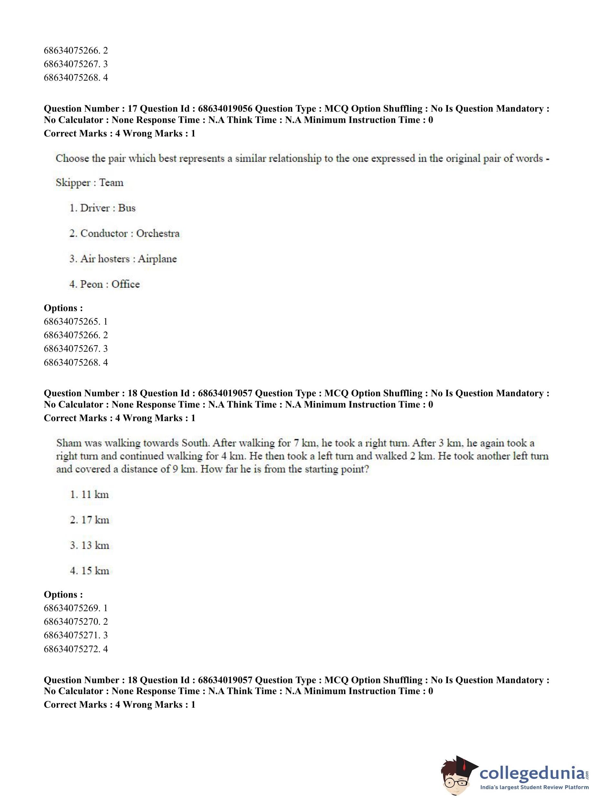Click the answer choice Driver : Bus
click(102, 208)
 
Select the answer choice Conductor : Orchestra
click(124, 233)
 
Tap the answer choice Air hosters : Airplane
click(123, 259)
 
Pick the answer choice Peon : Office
click(104, 284)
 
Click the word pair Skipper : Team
click(89, 183)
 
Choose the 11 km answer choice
click(89, 494)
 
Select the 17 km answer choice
click(89, 520)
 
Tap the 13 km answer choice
click(89, 545)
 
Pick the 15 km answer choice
click(89, 571)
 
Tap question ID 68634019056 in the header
click(225, 109)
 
